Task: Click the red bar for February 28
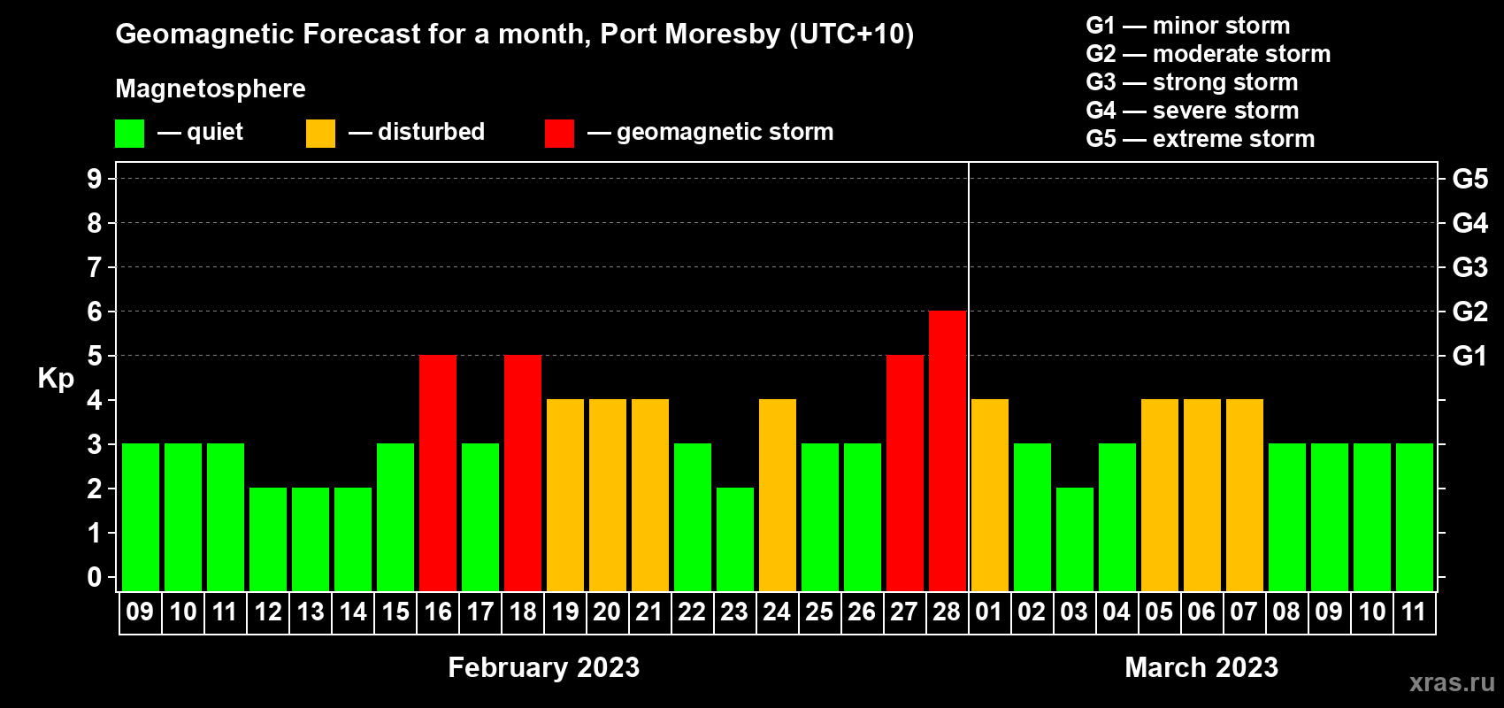[947, 450]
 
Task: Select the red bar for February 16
[438, 473]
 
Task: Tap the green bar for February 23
[735, 539]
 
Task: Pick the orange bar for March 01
[989, 495]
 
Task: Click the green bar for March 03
[1074, 539]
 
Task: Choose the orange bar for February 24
[778, 495]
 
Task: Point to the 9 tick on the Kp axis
[95, 179]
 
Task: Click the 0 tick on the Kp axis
[95, 577]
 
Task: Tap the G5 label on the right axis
[1469, 179]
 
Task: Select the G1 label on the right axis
[1469, 356]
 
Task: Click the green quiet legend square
[130, 134]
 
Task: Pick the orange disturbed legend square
[320, 134]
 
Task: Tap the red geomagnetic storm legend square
[559, 134]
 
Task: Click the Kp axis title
[56, 378]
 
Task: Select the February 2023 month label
[543, 667]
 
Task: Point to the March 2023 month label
[1201, 667]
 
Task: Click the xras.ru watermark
[1451, 682]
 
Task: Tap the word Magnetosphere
[211, 88]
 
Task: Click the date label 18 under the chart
[523, 612]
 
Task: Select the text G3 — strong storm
[1192, 82]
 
